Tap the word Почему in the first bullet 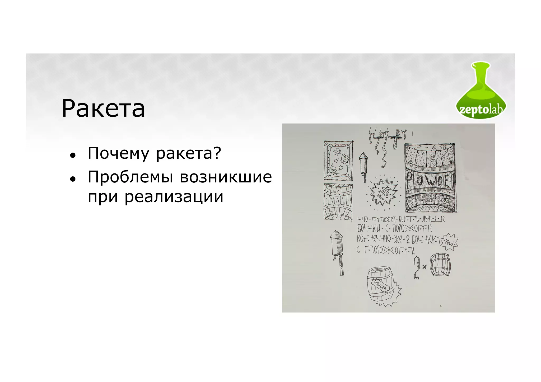tap(118, 153)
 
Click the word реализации tap(174, 197)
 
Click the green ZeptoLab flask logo tap(481, 90)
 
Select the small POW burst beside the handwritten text tap(449, 242)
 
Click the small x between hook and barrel tap(425, 267)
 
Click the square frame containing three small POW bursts tap(338, 161)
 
